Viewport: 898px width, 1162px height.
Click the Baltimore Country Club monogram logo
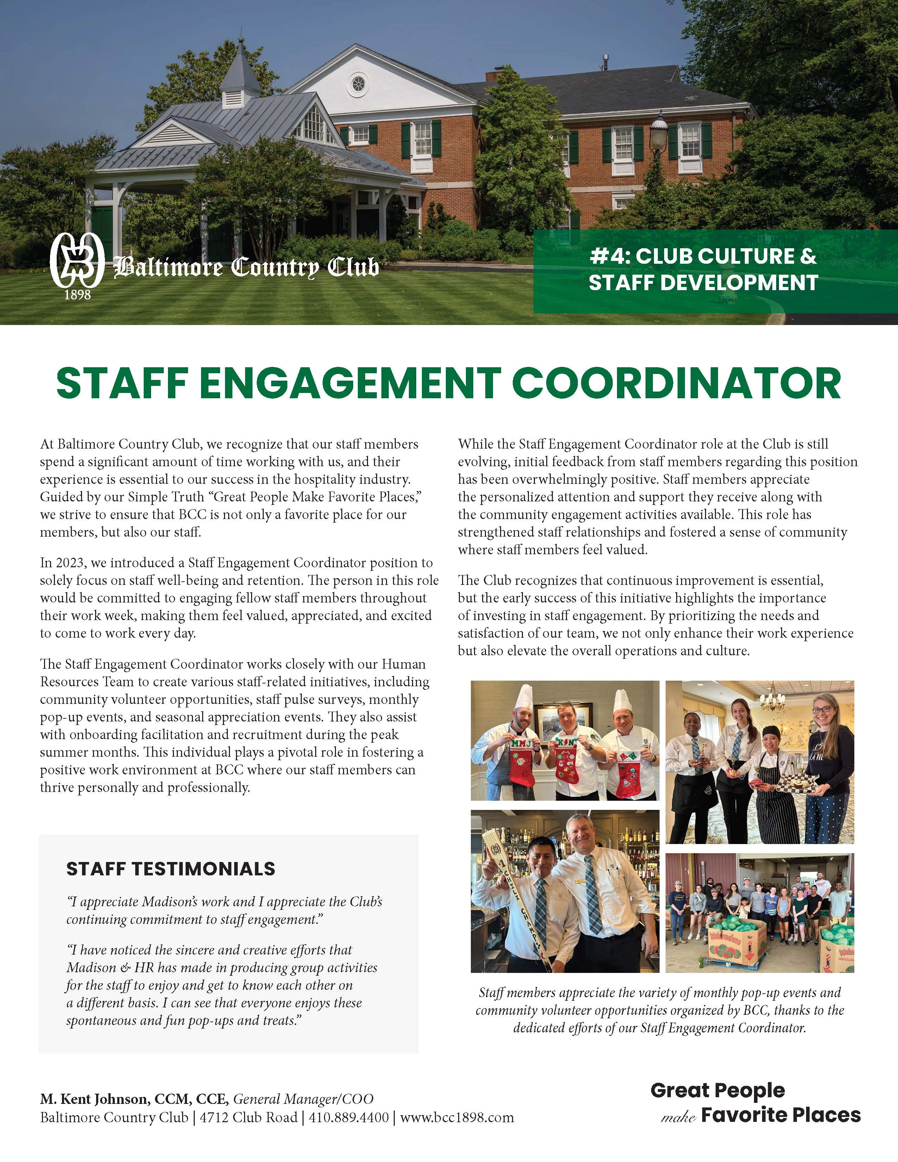coord(77,260)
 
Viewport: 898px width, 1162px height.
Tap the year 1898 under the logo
coord(77,294)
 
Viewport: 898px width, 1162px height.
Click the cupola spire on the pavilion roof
coord(241,58)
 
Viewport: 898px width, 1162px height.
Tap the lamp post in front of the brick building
coord(659,133)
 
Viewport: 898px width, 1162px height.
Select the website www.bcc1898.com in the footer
coord(457,1117)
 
